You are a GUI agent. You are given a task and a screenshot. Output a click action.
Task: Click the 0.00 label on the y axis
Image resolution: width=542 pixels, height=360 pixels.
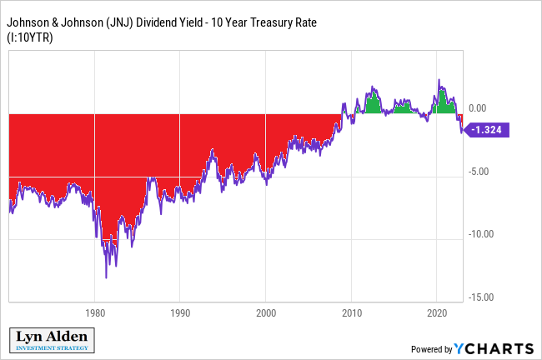click(x=477, y=108)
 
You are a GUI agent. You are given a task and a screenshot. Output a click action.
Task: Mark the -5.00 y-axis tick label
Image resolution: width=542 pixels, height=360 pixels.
click(x=477, y=172)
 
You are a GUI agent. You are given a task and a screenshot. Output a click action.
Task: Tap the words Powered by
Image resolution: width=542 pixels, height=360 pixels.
click(x=431, y=349)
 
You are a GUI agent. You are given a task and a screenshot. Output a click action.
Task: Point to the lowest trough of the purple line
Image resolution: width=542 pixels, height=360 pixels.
click(x=107, y=277)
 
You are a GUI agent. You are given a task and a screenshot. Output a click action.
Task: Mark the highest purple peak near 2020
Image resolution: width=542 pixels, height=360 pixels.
click(x=439, y=81)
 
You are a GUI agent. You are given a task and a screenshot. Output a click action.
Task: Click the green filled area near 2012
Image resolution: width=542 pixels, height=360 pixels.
click(x=372, y=103)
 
